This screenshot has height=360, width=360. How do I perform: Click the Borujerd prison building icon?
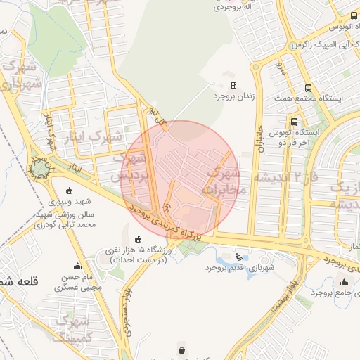click(x=234, y=85)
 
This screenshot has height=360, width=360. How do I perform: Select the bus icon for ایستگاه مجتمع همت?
click(x=307, y=89)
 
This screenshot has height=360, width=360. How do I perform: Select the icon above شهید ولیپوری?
click(x=68, y=191)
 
